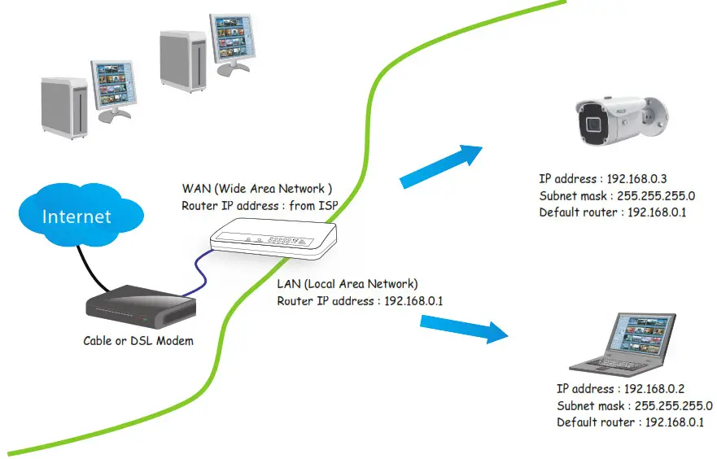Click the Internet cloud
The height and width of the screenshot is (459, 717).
coord(77,215)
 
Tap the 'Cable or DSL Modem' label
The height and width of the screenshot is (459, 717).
coord(138,341)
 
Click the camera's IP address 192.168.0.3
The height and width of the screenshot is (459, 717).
coord(643,178)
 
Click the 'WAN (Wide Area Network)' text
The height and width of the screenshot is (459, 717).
coord(257,189)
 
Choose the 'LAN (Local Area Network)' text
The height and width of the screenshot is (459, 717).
coord(348,284)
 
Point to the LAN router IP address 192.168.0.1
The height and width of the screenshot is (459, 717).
coord(413,301)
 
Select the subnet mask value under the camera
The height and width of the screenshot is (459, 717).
coord(656,195)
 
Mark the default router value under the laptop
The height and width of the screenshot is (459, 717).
coord(675,422)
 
